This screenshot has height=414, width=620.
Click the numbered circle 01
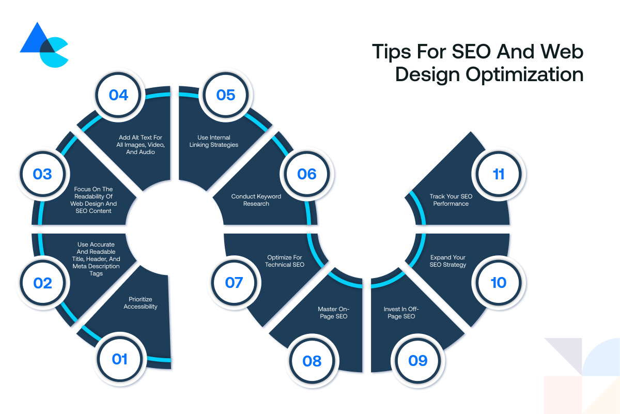point(119,359)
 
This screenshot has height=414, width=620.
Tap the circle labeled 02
point(42,283)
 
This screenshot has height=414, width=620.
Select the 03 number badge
point(42,174)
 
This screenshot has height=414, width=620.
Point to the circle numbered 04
point(118,95)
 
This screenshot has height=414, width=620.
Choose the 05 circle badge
point(226,95)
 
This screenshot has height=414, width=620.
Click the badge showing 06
point(307,174)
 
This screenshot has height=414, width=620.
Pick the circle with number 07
point(234,283)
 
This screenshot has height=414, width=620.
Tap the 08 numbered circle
point(312,361)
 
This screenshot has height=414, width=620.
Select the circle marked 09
point(418,361)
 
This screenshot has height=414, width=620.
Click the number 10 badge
point(499,283)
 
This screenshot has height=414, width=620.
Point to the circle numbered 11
point(499,174)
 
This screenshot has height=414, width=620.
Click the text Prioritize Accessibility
point(141,303)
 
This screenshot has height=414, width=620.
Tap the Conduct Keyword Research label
point(256,200)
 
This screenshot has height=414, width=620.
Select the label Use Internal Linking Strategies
point(214,141)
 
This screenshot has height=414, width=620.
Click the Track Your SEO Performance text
point(451,200)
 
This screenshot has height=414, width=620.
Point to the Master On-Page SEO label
point(334,313)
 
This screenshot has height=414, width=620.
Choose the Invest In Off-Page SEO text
point(401,313)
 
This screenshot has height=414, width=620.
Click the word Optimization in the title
point(525,75)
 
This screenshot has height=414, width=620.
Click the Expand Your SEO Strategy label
point(448,261)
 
